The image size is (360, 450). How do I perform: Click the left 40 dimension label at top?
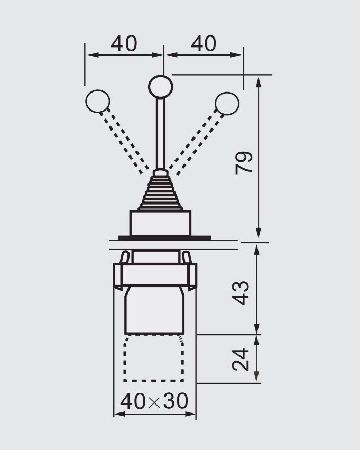[x=124, y=44]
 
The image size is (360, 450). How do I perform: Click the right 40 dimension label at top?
[x=204, y=44]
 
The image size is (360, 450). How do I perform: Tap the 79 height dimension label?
[x=244, y=162]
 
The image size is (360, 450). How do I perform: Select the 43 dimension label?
[x=241, y=293]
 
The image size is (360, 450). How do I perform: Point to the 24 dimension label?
[x=241, y=359]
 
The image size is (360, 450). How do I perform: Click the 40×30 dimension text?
[x=154, y=401]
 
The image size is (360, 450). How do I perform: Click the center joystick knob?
[x=161, y=86]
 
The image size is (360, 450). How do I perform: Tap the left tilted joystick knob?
[x=98, y=102]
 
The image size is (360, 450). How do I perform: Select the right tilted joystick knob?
[x=227, y=104]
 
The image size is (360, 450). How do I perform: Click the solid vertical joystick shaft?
[x=161, y=133]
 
